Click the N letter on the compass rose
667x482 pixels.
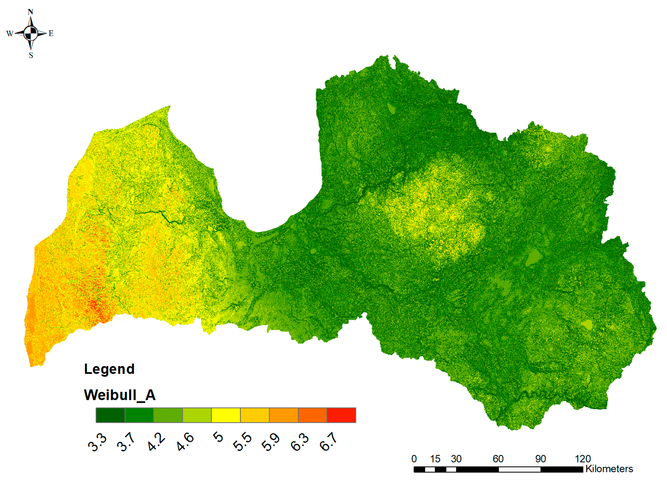pyautogui.click(x=30, y=12)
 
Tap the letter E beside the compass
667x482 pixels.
pyautogui.click(x=51, y=34)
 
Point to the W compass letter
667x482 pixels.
pyautogui.click(x=10, y=34)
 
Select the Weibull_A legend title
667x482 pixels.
pyautogui.click(x=120, y=395)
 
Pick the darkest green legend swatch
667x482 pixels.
pyautogui.click(x=110, y=415)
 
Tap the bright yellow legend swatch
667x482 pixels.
pyautogui.click(x=226, y=415)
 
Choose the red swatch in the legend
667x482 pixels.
pyautogui.click(x=341, y=415)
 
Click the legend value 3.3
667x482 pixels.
pyautogui.click(x=97, y=442)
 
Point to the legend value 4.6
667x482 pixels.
pyautogui.click(x=185, y=442)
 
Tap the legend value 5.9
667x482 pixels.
pyautogui.click(x=271, y=442)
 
